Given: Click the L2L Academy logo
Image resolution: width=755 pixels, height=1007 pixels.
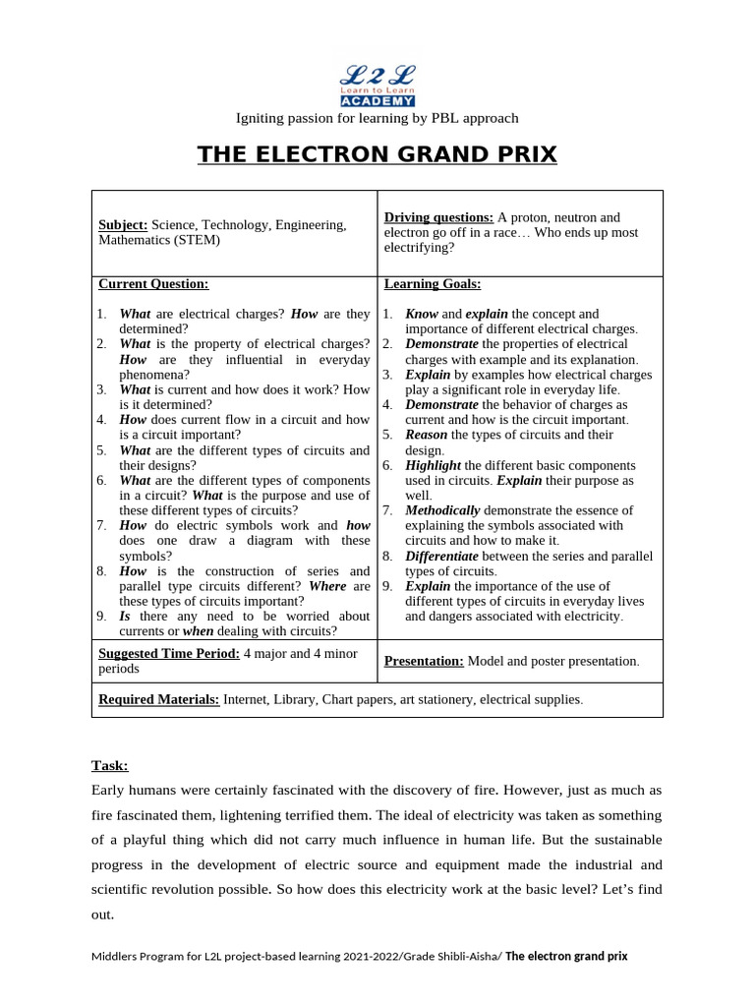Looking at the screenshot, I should pyautogui.click(x=377, y=84).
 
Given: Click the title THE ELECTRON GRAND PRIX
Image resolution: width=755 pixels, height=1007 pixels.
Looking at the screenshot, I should pyautogui.click(x=377, y=154).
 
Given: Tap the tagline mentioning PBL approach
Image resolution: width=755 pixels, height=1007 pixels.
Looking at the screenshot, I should pyautogui.click(x=377, y=118).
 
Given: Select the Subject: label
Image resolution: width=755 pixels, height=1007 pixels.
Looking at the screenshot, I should pyautogui.click(x=123, y=225).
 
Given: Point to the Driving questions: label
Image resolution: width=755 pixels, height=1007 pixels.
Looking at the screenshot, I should pyautogui.click(x=438, y=217).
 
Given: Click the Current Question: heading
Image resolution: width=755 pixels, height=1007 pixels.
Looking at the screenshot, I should pyautogui.click(x=153, y=284).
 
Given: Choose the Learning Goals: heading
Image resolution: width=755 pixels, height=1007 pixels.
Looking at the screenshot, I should pyautogui.click(x=433, y=284).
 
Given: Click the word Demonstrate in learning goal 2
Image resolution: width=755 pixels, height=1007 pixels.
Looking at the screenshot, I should pyautogui.click(x=442, y=344).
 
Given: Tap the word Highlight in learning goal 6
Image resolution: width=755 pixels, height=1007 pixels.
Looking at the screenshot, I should pyautogui.click(x=434, y=465).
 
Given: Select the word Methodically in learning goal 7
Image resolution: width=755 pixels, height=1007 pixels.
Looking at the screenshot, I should pyautogui.click(x=442, y=510).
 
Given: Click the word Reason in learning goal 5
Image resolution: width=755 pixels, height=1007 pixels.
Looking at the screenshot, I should pyautogui.click(x=427, y=435).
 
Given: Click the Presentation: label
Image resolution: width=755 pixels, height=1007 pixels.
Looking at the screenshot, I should pyautogui.click(x=424, y=662).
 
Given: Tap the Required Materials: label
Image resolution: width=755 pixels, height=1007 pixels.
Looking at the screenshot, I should pyautogui.click(x=158, y=700).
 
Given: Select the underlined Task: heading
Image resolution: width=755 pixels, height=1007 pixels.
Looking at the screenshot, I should pyautogui.click(x=109, y=765).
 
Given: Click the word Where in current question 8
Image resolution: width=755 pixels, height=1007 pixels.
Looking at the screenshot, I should pyautogui.click(x=327, y=586).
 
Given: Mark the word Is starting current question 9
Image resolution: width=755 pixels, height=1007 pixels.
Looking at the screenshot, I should pyautogui.click(x=125, y=616).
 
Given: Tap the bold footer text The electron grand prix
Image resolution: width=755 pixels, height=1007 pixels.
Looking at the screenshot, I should pyautogui.click(x=566, y=956).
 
